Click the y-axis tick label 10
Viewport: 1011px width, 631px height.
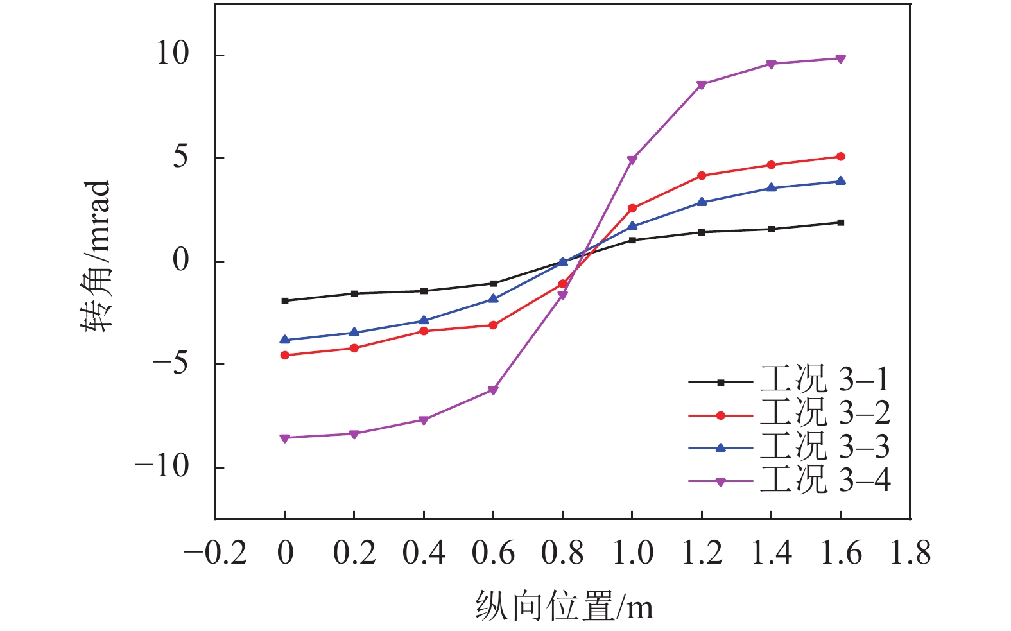click(x=173, y=54)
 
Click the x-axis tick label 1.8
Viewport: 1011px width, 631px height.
click(x=910, y=553)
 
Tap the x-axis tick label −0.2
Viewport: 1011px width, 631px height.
click(x=216, y=553)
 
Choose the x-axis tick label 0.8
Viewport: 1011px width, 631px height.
click(x=562, y=553)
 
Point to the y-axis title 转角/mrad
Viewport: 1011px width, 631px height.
click(x=96, y=255)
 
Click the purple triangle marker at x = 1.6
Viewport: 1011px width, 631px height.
click(x=840, y=59)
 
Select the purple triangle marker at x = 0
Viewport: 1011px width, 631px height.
click(x=285, y=438)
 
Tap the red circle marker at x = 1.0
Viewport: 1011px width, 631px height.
click(x=632, y=208)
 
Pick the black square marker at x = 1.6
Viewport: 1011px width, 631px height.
click(x=840, y=223)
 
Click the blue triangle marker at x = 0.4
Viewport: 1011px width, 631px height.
click(x=424, y=320)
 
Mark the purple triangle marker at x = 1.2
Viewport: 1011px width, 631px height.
click(x=702, y=85)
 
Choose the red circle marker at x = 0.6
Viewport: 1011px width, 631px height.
click(x=493, y=325)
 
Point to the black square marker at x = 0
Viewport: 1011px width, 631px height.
click(x=285, y=300)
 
